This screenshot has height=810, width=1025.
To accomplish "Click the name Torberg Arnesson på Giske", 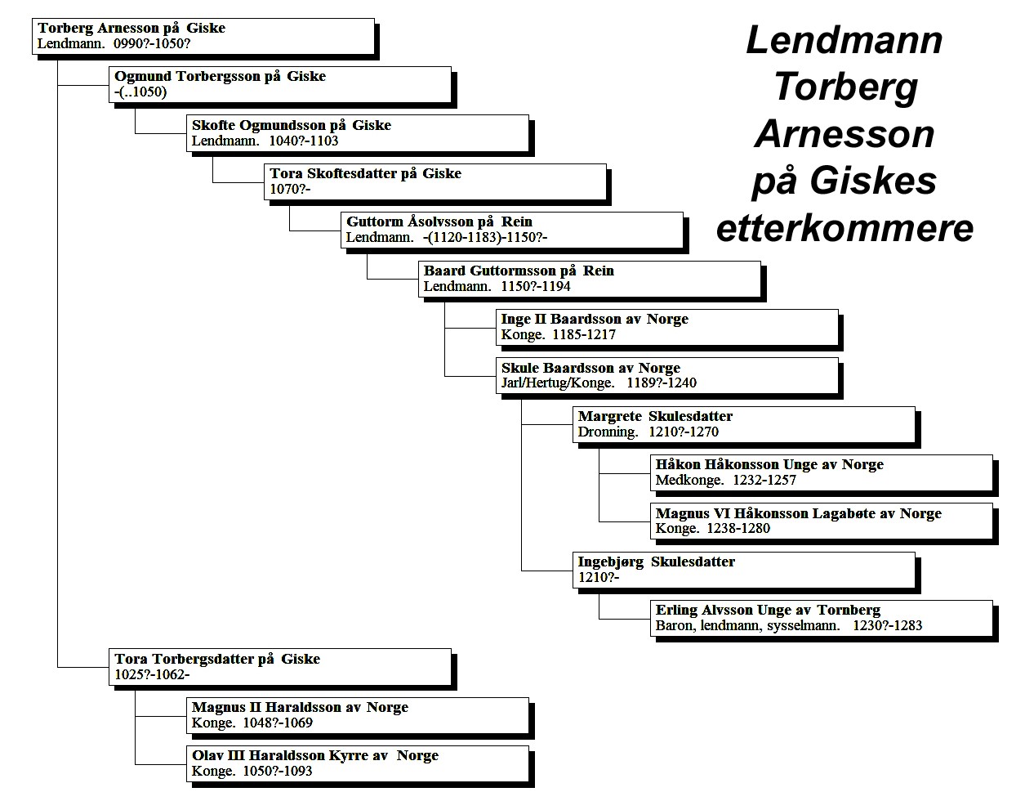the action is pos(131,28).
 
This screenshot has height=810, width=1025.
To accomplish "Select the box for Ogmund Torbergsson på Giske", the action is pos(280,84).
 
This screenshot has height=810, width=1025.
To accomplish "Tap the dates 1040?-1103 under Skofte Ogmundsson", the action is pos(303,141).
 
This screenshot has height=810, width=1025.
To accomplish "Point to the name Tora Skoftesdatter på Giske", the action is pos(365,173).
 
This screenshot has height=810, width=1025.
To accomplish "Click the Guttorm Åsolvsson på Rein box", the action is pos(512,230).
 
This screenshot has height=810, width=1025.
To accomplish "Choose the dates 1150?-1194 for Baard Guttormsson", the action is pos(535,286).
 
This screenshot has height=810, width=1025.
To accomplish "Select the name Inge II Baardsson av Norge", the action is pos(595,319).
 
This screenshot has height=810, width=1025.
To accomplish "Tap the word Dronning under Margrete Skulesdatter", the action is pos(608,432).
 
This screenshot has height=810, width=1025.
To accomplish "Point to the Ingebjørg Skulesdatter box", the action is pos(744,570).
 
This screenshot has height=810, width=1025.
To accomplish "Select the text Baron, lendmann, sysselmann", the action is pos(748,625).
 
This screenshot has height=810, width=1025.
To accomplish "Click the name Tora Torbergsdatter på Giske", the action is pos(217,659).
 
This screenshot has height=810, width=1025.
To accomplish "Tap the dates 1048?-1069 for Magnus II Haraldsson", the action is pos(278,723).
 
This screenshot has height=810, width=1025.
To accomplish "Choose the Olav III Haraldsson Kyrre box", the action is pos(358,763).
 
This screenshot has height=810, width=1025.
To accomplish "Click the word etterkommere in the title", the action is pos(845,228).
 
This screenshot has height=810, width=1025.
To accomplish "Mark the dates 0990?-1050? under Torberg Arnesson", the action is pos(152,44).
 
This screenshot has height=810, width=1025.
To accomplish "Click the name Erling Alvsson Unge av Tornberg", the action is pos(768,610).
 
